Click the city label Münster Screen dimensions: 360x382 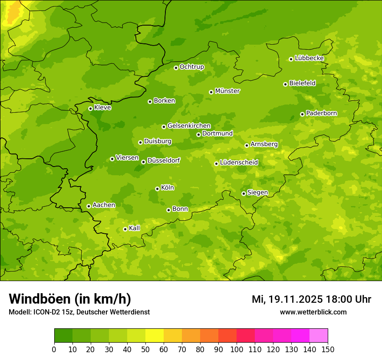(x=227, y=91)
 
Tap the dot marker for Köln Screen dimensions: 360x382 (x=157, y=189)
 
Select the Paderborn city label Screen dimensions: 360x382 (x=321, y=113)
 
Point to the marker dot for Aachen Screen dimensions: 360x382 (x=89, y=206)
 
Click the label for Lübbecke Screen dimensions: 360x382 (x=309, y=58)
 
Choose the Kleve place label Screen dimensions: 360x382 (x=102, y=108)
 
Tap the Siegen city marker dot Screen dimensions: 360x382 (x=244, y=193)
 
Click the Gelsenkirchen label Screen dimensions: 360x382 (x=189, y=126)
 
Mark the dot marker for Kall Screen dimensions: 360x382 (x=125, y=229)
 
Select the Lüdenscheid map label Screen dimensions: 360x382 (x=239, y=163)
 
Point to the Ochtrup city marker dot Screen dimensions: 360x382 (x=176, y=68)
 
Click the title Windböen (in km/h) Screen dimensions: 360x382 (x=70, y=299)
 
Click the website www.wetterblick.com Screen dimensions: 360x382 (x=313, y=312)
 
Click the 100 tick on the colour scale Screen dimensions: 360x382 (x=237, y=349)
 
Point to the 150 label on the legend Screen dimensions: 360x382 (x=328, y=349)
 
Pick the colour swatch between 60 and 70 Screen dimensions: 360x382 (x=173, y=336)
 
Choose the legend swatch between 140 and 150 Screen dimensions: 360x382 (x=319, y=336)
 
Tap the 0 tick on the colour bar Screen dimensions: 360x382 (x=54, y=349)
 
